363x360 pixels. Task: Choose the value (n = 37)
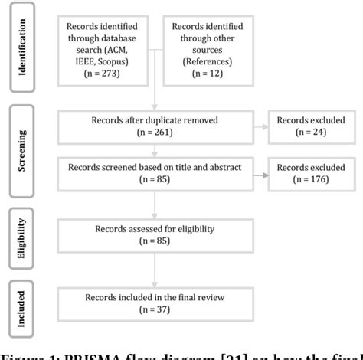coord(155,309)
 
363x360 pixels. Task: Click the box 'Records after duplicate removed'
coord(155,124)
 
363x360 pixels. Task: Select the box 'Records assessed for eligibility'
coord(155,234)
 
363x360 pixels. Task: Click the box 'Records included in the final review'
coord(155,303)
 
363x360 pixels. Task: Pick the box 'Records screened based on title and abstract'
coord(155,173)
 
